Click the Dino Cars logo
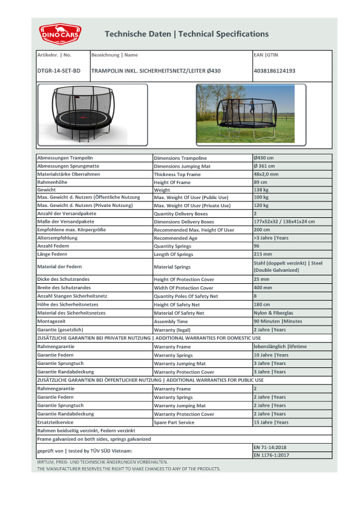[x=60, y=34]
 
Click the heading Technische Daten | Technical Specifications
[x=186, y=34]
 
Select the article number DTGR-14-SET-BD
[x=59, y=71]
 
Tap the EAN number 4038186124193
[x=274, y=71]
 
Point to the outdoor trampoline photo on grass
[x=245, y=113]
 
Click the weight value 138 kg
[x=261, y=189]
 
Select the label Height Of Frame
[x=172, y=182]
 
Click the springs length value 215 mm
[x=263, y=254]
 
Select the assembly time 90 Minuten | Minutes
[x=278, y=321]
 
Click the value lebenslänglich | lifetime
[x=280, y=346]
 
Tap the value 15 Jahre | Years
[x=270, y=422]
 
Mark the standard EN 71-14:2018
[x=271, y=447]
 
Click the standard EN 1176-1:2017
[x=271, y=455]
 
